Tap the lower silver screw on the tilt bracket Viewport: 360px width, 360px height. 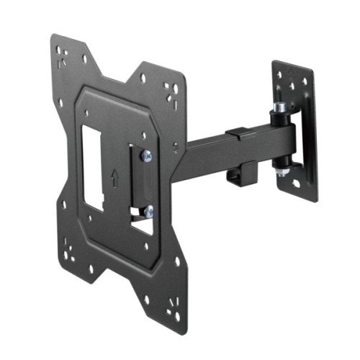tap(148, 212)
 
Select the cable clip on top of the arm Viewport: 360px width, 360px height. tap(238, 134)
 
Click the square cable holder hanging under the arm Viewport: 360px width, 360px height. tap(240, 174)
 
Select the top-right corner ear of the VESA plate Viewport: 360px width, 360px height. tap(171, 89)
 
